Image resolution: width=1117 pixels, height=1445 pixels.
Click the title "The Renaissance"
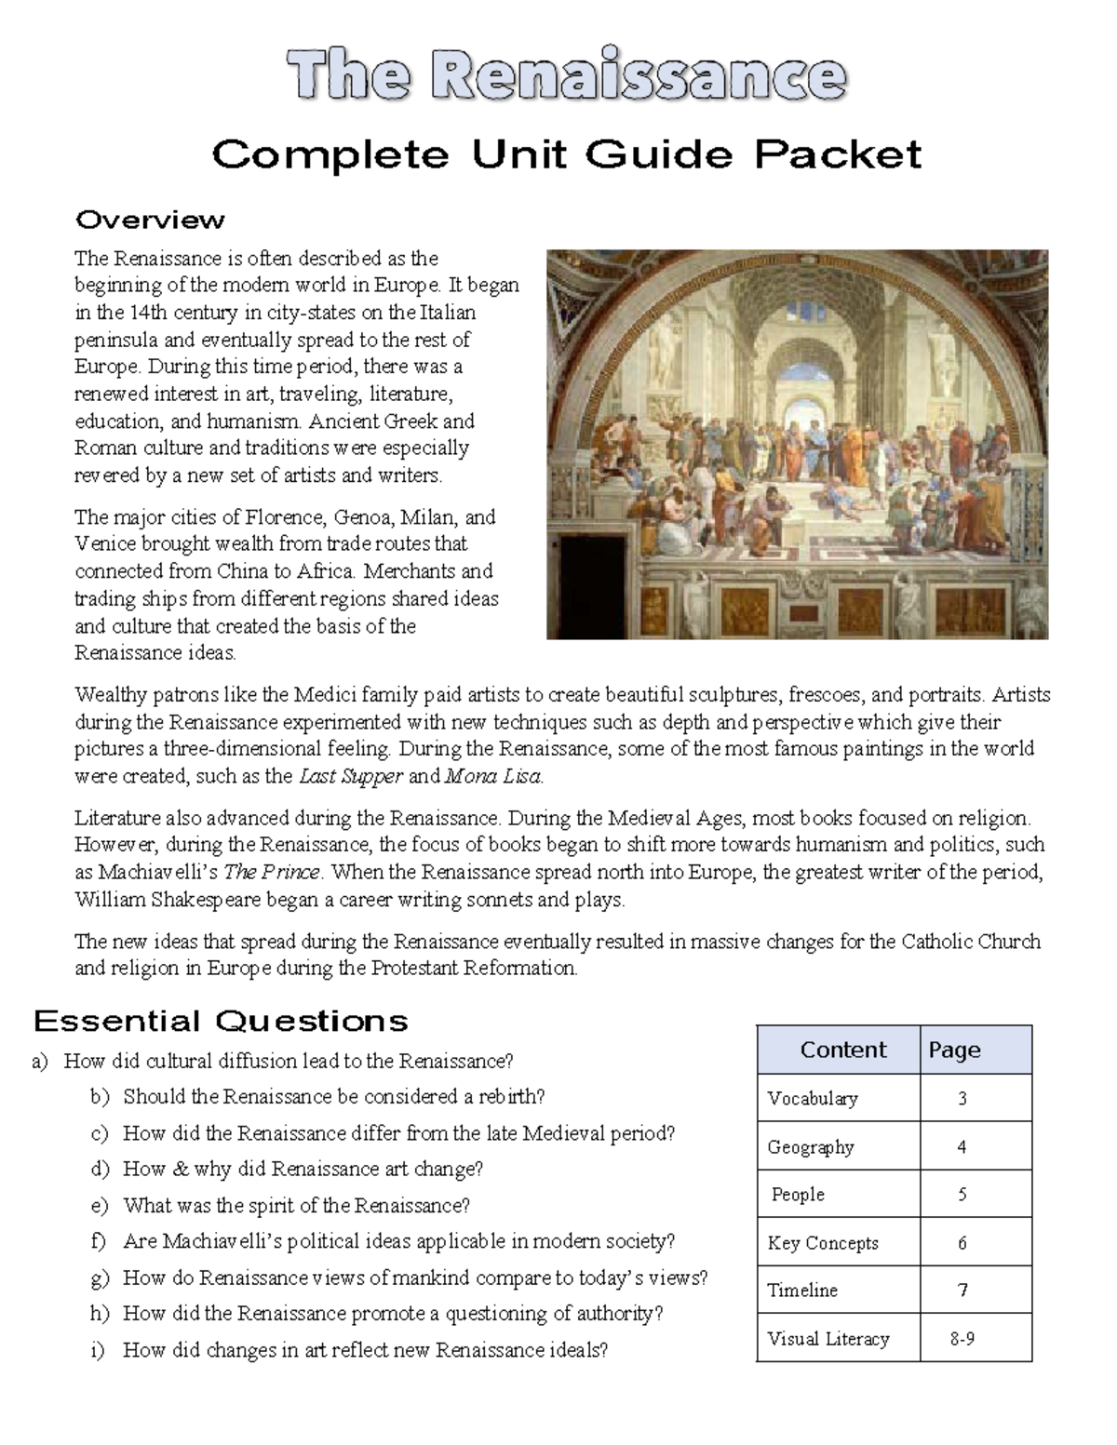566,76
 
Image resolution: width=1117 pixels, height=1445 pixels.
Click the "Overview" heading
150,220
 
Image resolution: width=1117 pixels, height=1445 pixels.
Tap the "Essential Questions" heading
221,1021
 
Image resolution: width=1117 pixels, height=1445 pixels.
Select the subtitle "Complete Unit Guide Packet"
566,154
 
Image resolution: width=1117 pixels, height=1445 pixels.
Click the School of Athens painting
797,444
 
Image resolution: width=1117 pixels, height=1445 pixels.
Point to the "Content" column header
842,1050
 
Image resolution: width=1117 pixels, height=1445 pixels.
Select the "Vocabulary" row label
812,1098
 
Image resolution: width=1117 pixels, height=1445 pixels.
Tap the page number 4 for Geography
962,1146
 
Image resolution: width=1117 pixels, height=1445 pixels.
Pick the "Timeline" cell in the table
802,1290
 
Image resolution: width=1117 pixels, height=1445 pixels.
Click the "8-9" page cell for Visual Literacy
962,1338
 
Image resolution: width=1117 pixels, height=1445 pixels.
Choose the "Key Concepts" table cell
823,1242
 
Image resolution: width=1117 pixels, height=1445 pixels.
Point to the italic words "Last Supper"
350,776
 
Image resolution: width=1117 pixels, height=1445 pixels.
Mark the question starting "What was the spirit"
296,1205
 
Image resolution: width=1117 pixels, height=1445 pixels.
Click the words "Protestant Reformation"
474,968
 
